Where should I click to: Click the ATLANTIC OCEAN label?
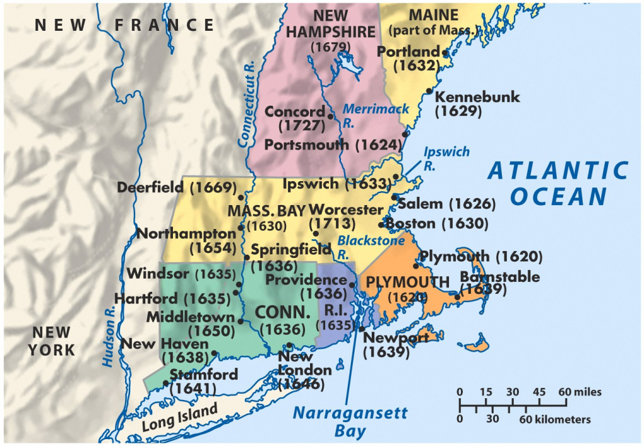point(558,183)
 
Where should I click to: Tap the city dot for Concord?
point(330,116)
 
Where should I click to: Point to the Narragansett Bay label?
point(350,421)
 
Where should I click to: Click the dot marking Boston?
point(381,225)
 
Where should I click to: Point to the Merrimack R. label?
point(375,114)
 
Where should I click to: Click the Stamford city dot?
point(165,382)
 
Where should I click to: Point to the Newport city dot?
point(362,328)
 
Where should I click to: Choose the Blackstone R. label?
point(357,246)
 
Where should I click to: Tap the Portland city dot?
point(445,53)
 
